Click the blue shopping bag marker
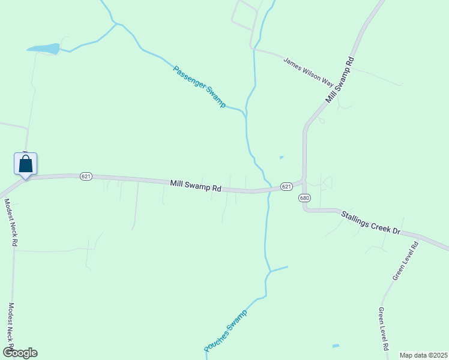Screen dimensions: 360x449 pos(25,164)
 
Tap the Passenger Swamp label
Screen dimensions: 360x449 pos(199,86)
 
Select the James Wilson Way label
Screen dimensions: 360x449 pos(308,70)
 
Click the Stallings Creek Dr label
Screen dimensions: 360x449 pos(370,222)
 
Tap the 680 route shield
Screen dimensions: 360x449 pos(304,199)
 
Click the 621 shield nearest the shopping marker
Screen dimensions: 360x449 pos(86,176)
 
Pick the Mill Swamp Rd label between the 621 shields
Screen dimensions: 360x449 pos(195,186)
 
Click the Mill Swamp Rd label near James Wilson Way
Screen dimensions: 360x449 pos(340,80)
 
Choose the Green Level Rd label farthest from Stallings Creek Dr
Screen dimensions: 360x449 pos(383,329)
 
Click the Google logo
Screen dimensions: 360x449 pos(20,353)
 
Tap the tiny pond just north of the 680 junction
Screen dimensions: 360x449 pos(282,158)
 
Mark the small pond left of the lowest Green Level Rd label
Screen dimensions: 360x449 pos(336,346)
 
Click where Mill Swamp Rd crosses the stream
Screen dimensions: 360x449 pos(268,190)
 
